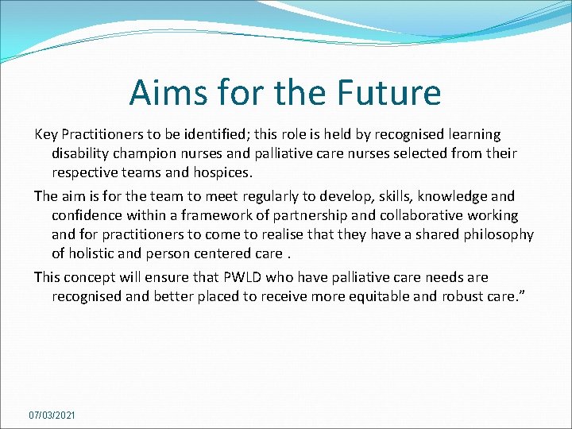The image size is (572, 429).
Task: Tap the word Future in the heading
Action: click(389, 93)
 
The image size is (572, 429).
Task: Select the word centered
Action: click(243, 253)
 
